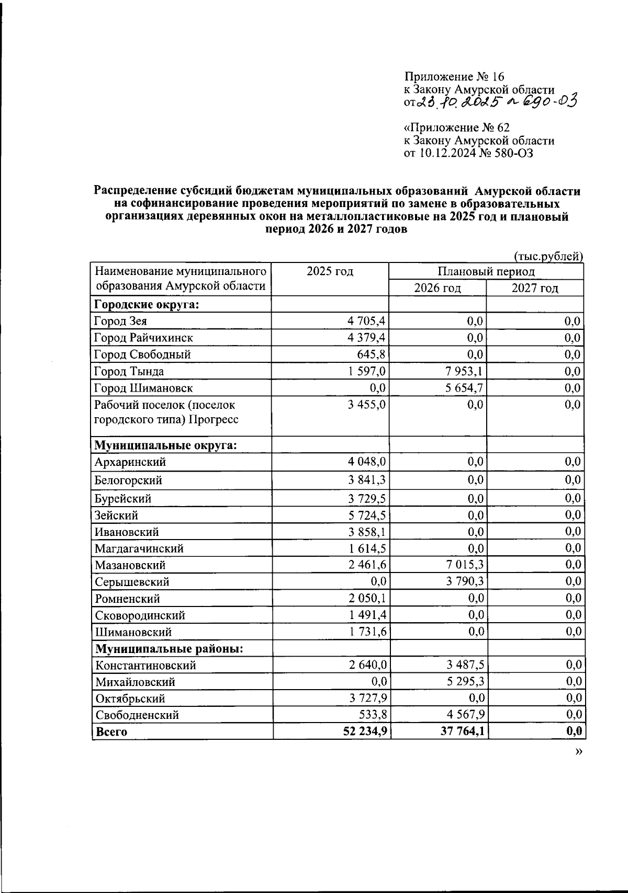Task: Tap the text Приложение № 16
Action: pos(454,78)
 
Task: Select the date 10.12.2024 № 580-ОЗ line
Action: pos(469,153)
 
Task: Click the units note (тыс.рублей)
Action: pos(548,256)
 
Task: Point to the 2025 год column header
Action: pos(330,271)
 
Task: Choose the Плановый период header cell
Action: pos(486,271)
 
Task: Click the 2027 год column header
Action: pos(534,288)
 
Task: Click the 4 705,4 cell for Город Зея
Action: pos(366,321)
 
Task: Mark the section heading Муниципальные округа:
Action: pos(165,445)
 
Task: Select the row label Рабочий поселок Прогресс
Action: pos(165,412)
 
